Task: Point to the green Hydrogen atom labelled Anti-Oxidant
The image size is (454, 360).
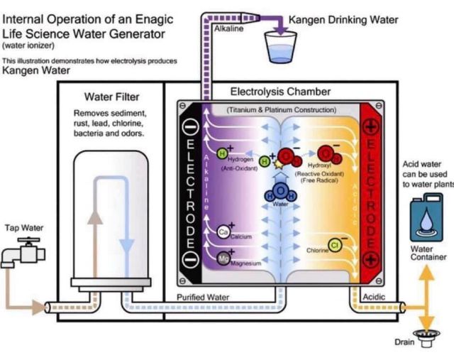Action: (x=222, y=153)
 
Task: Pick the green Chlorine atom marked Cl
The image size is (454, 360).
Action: (x=335, y=246)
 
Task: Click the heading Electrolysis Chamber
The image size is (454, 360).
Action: (x=280, y=92)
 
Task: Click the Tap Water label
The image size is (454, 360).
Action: (x=24, y=228)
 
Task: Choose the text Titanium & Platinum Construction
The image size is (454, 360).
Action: (x=281, y=110)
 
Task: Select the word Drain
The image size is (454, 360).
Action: (x=404, y=342)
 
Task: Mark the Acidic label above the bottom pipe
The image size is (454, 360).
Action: (x=374, y=296)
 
